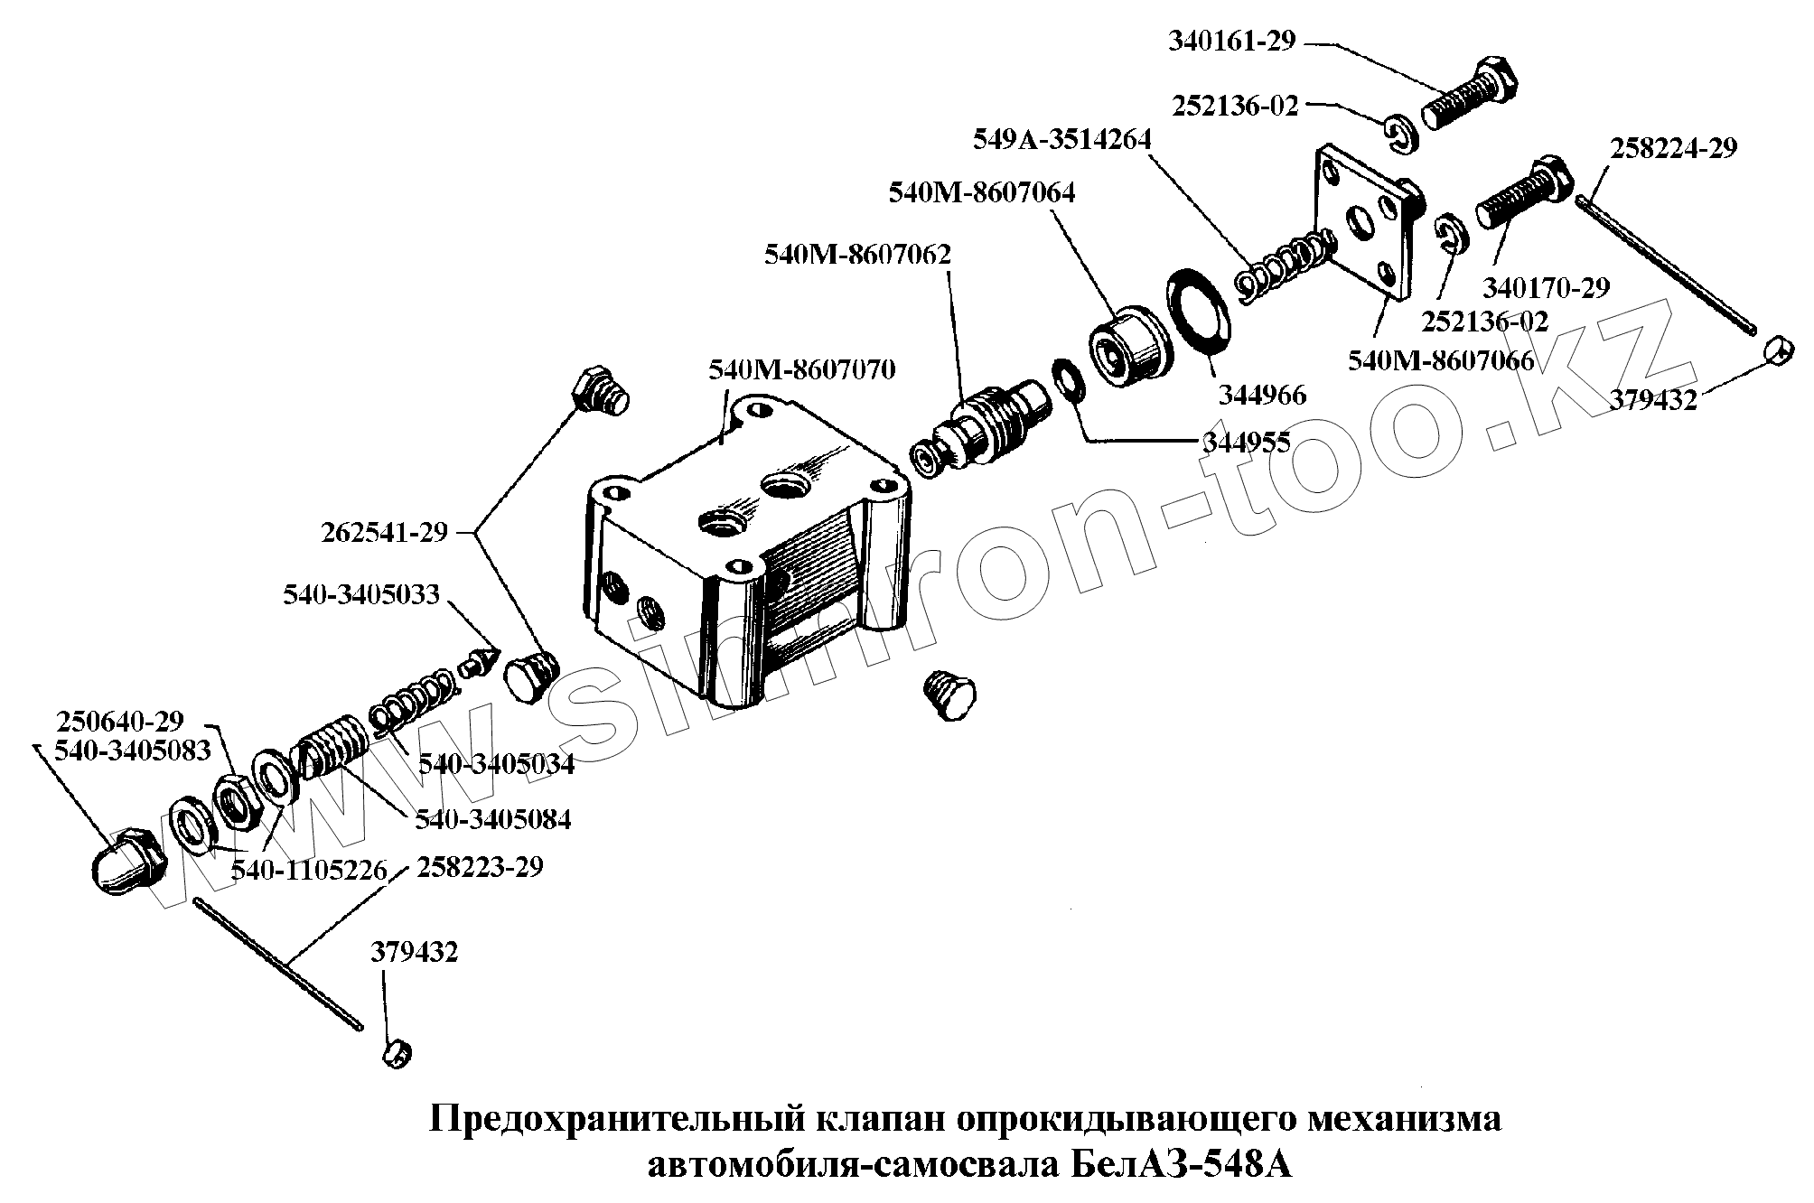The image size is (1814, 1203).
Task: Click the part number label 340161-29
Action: pos(1231,42)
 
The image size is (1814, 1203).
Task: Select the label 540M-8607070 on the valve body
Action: pos(802,370)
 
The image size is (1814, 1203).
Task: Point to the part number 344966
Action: pos(1262,395)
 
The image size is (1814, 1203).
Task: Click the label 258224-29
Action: pos(1673,149)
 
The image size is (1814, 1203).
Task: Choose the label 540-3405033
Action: pos(360,594)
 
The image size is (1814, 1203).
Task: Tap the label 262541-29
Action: pos(384,533)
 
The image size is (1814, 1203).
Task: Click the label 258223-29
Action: pos(480,867)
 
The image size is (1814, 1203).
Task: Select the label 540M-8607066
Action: pos(1441,361)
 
